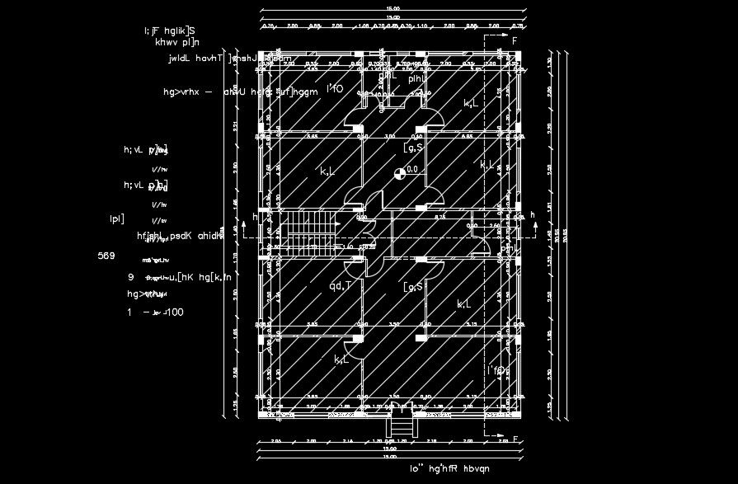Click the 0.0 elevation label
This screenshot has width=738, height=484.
pos(413,169)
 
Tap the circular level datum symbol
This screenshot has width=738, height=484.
pos(399,172)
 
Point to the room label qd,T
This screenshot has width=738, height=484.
pos(341,286)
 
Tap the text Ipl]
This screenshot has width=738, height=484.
pos(116,219)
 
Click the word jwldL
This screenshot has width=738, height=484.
pos(178,59)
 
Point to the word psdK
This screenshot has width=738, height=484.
pos(182,236)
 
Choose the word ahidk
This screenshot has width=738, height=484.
pos(211,236)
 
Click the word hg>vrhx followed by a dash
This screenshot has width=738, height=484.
pos(181,92)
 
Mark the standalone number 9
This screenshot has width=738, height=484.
pos(131,277)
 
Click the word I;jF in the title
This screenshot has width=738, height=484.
pos(153,31)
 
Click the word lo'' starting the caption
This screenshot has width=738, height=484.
pos(417,468)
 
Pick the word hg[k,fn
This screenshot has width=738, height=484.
pos(216,277)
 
